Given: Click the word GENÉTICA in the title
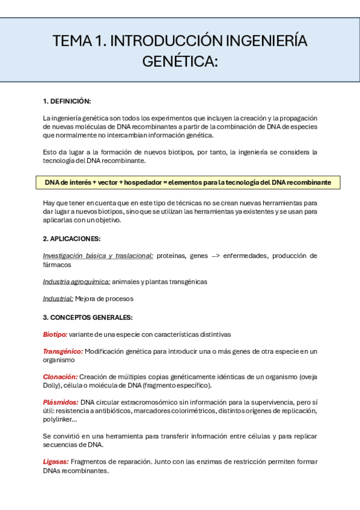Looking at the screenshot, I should coord(178,61).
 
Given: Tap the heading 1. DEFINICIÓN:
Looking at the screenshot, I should coord(67,101).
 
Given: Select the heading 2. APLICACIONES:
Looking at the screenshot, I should coord(72,239).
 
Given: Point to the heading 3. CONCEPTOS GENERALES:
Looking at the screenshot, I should coord(88,317).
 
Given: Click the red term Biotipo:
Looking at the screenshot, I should coord(55,334).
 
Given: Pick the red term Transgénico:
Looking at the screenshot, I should coord(63,351).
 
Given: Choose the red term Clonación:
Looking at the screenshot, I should coord(60,376).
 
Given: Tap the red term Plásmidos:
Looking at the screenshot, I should coord(60,402).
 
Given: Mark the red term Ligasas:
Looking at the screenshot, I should coord(55,462).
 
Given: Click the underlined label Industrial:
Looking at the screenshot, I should coord(58,298).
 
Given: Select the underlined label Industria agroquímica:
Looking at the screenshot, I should coord(76,281).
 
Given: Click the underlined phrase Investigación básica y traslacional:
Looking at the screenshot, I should coord(98,256).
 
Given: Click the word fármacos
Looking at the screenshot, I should coord(56,264).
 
